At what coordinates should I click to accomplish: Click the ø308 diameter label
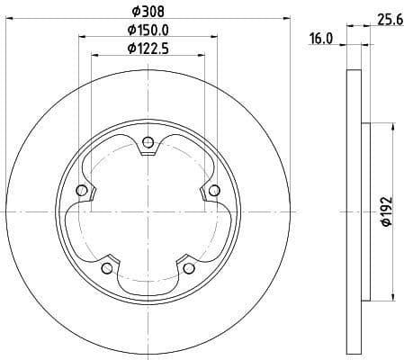click(148, 12)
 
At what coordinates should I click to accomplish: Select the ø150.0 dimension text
click(148, 31)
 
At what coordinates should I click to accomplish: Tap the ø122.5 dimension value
click(148, 49)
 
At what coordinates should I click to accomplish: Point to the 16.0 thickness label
click(323, 39)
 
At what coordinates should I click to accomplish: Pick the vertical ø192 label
click(385, 212)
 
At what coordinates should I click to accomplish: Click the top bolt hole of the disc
click(148, 140)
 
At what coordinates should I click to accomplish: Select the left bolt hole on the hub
click(82, 190)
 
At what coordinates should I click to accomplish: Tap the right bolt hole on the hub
click(214, 190)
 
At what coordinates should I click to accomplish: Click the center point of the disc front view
click(148, 212)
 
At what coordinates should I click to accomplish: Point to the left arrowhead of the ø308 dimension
click(10, 18)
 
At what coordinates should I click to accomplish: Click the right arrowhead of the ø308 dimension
click(287, 18)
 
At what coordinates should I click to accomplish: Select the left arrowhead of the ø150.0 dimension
click(84, 37)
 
